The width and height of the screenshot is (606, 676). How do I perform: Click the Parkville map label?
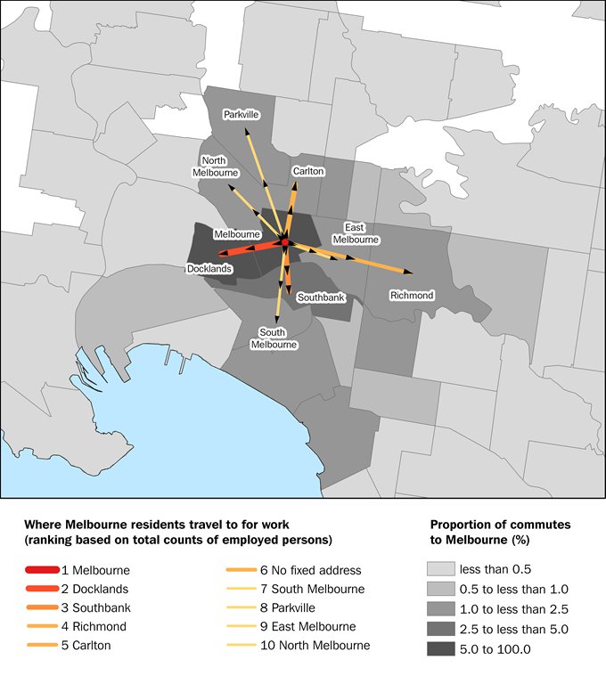coord(241,114)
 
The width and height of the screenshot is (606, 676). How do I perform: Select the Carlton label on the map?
coord(307,171)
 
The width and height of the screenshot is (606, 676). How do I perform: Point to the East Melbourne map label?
coord(356,233)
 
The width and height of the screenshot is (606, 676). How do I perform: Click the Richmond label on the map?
coord(412,295)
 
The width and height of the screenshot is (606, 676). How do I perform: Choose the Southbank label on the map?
coord(321,297)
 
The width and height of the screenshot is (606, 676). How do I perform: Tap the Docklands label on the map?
coord(209,268)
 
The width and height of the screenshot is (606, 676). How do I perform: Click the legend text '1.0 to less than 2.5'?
coord(512,609)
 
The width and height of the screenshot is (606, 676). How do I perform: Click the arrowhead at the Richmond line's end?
coord(410,272)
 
